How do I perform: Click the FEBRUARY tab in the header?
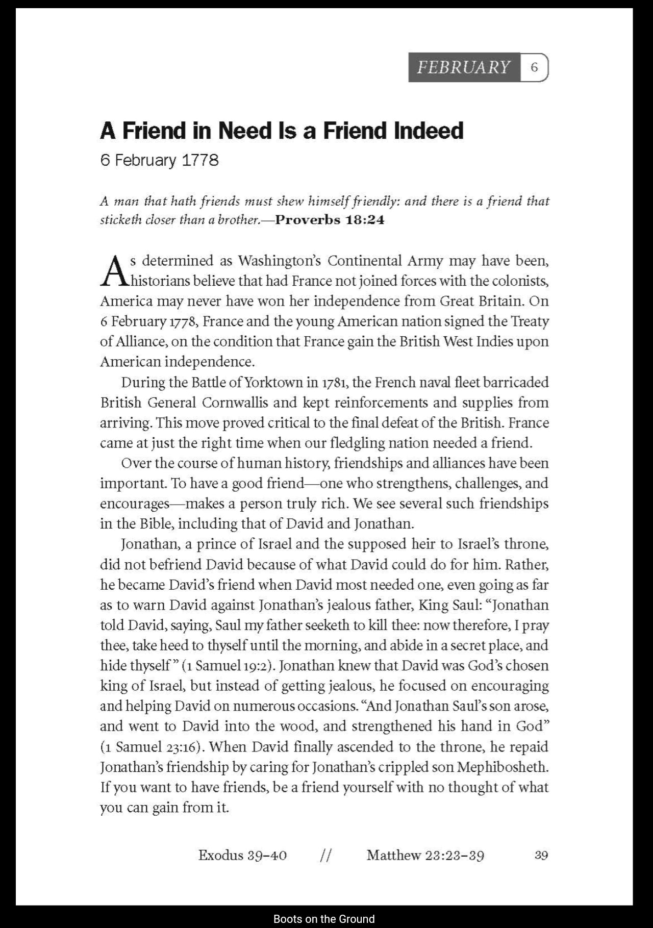[464, 67]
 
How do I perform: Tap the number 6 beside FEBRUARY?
[534, 67]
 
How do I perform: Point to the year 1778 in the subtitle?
[200, 160]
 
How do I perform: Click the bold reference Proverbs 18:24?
[330, 220]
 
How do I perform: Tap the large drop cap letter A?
[114, 271]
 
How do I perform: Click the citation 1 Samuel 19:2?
[227, 666]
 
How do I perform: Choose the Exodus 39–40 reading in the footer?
[242, 855]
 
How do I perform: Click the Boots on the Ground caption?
[324, 919]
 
